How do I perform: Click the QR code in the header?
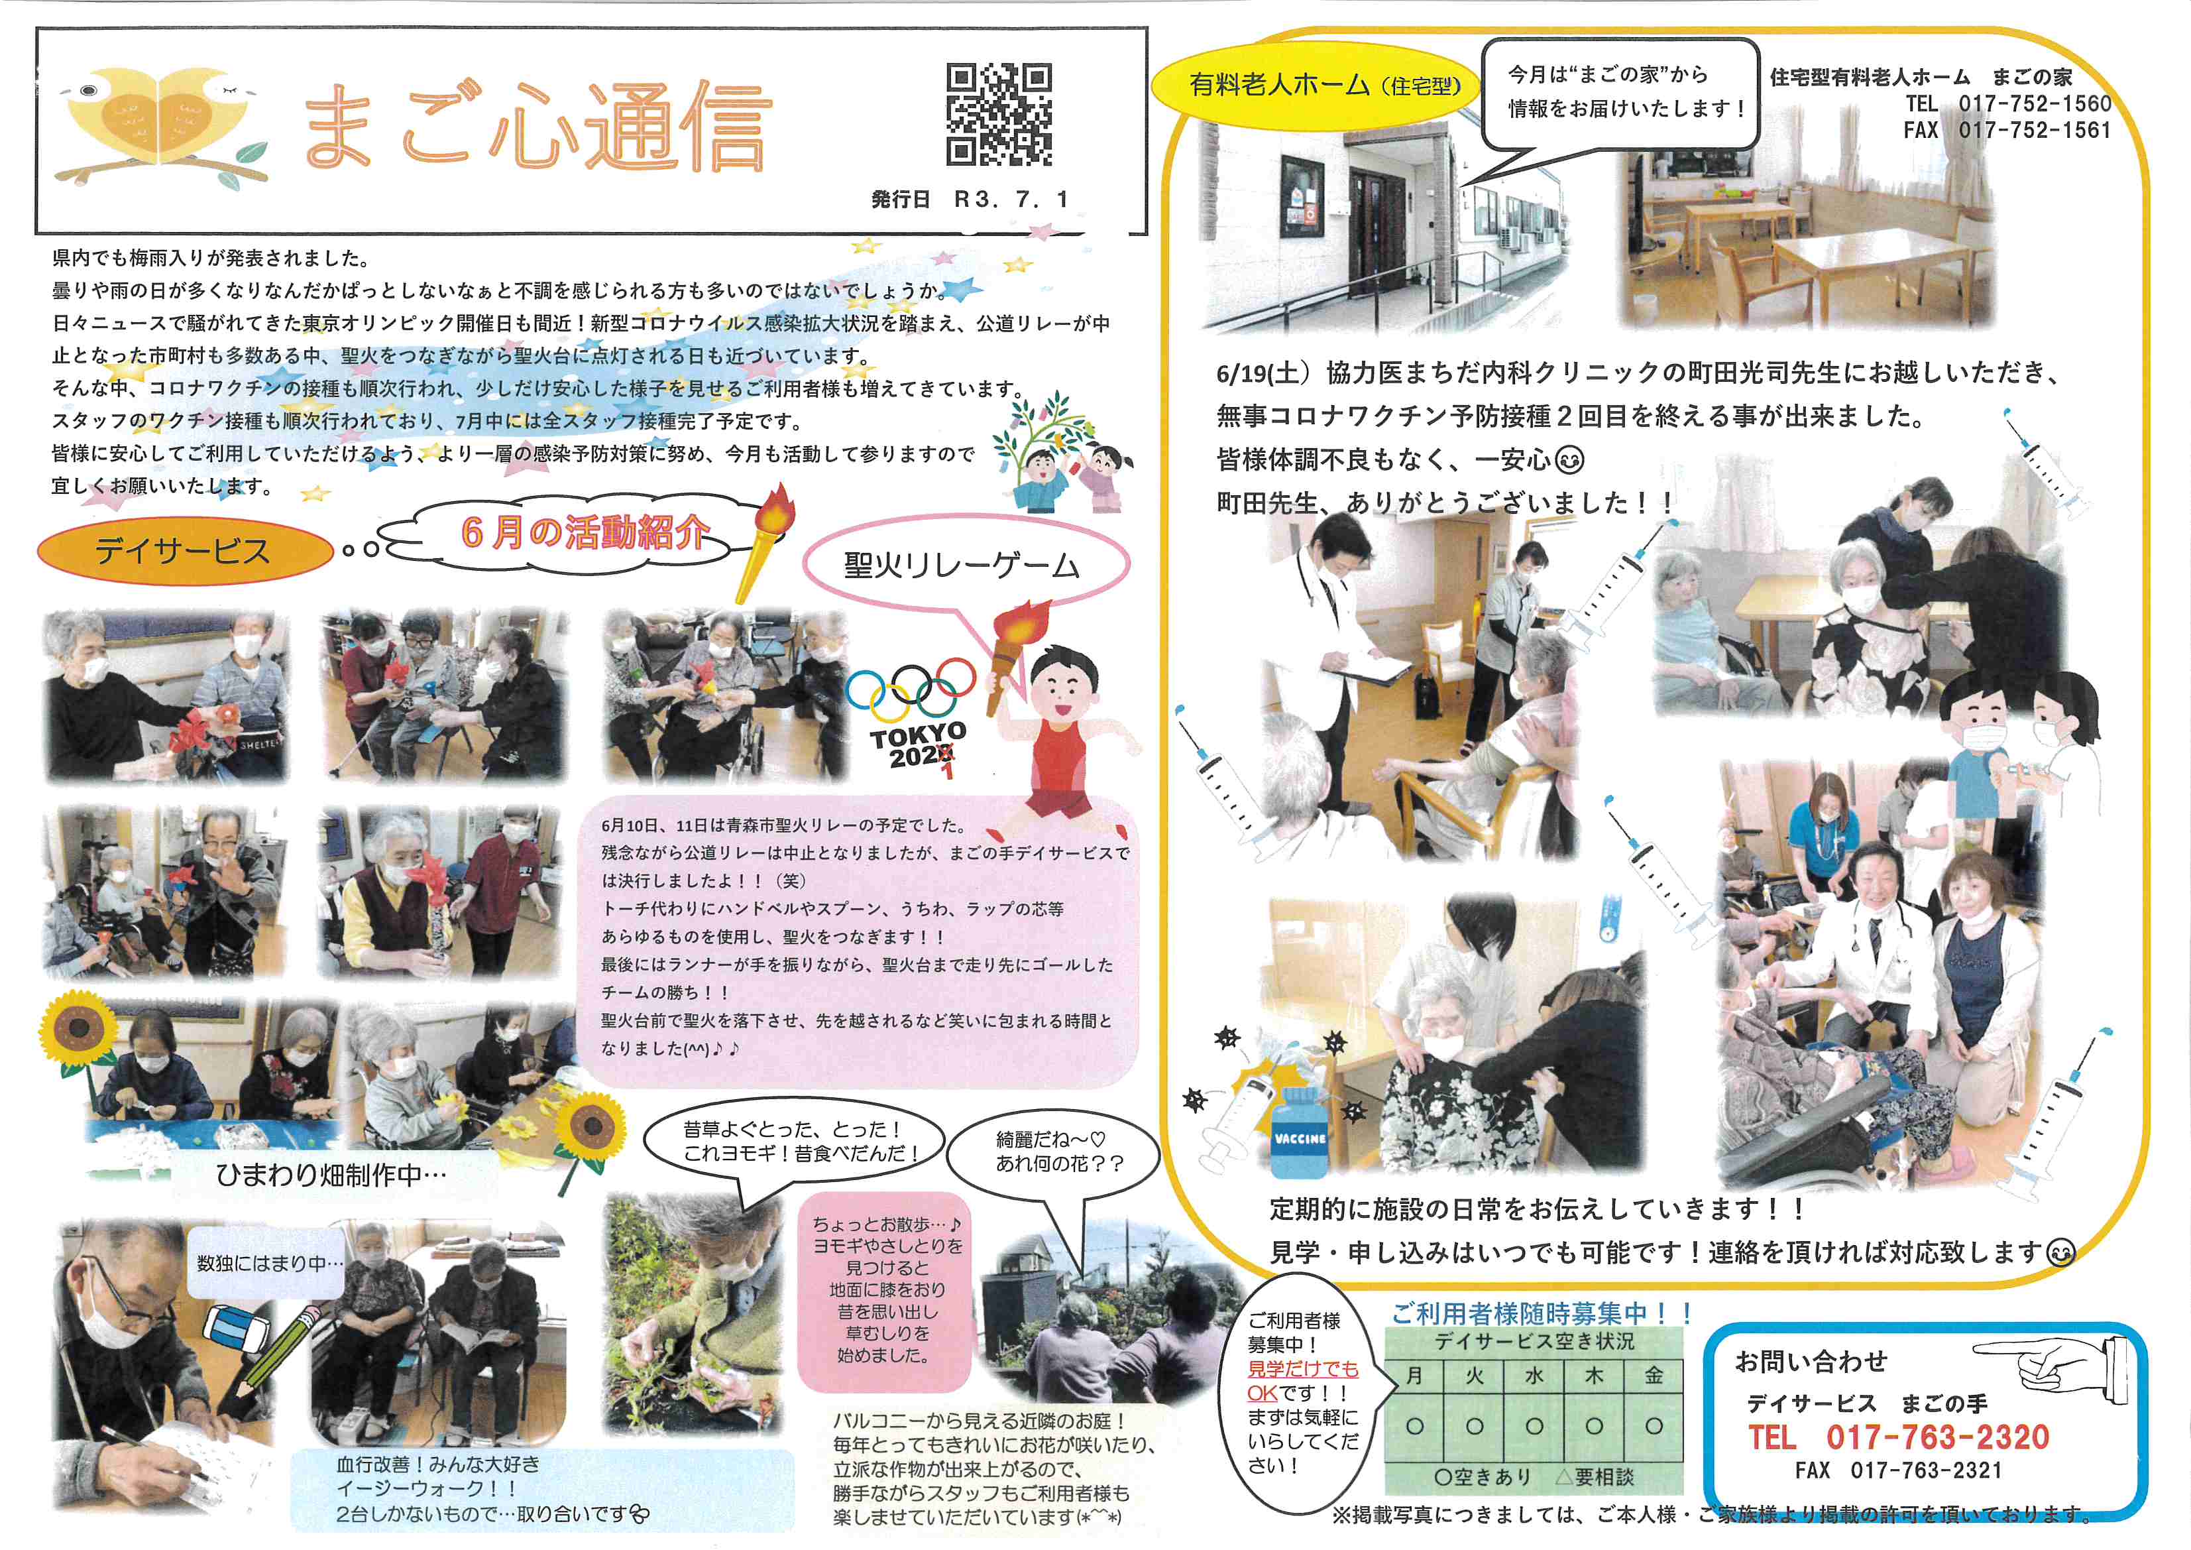tap(999, 115)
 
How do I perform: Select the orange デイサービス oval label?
tap(183, 551)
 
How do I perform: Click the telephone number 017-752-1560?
tap(2035, 103)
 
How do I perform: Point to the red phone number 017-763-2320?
tap(1937, 1437)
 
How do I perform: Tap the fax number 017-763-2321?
tap(1926, 1471)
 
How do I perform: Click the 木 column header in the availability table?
tap(1594, 1376)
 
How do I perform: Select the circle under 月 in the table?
tap(1415, 1427)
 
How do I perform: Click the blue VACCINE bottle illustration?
tap(1300, 1134)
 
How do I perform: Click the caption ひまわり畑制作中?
tap(331, 1175)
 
